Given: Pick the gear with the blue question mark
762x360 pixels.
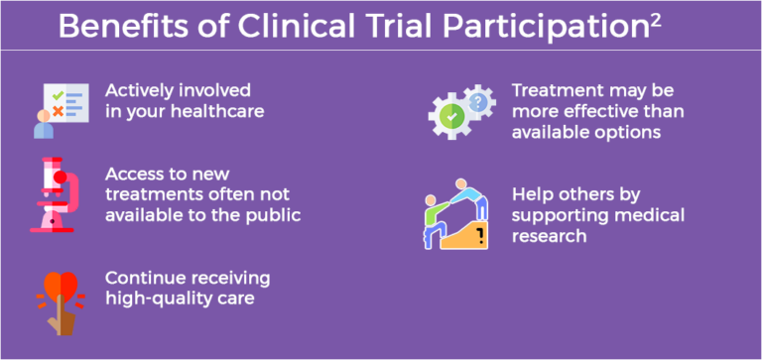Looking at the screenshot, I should tap(480, 99).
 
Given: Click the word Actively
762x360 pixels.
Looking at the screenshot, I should tap(137, 90).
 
